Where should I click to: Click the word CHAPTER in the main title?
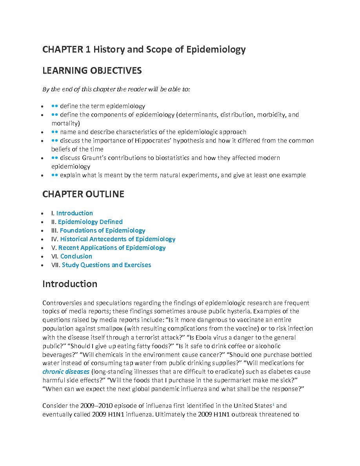[62, 49]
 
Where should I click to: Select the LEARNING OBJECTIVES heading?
[92, 71]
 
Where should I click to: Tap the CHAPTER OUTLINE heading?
[83, 194]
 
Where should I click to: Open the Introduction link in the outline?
[75, 213]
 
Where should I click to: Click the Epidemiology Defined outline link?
[90, 222]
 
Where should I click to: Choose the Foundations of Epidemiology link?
[102, 231]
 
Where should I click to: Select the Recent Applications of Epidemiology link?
[112, 248]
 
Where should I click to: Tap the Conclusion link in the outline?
[76, 257]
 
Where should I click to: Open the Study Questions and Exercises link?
[106, 265]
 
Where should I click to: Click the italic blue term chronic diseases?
[66, 372]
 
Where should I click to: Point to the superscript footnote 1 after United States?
[278, 404]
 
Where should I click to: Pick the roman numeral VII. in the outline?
[56, 265]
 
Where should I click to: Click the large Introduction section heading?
[70, 284]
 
